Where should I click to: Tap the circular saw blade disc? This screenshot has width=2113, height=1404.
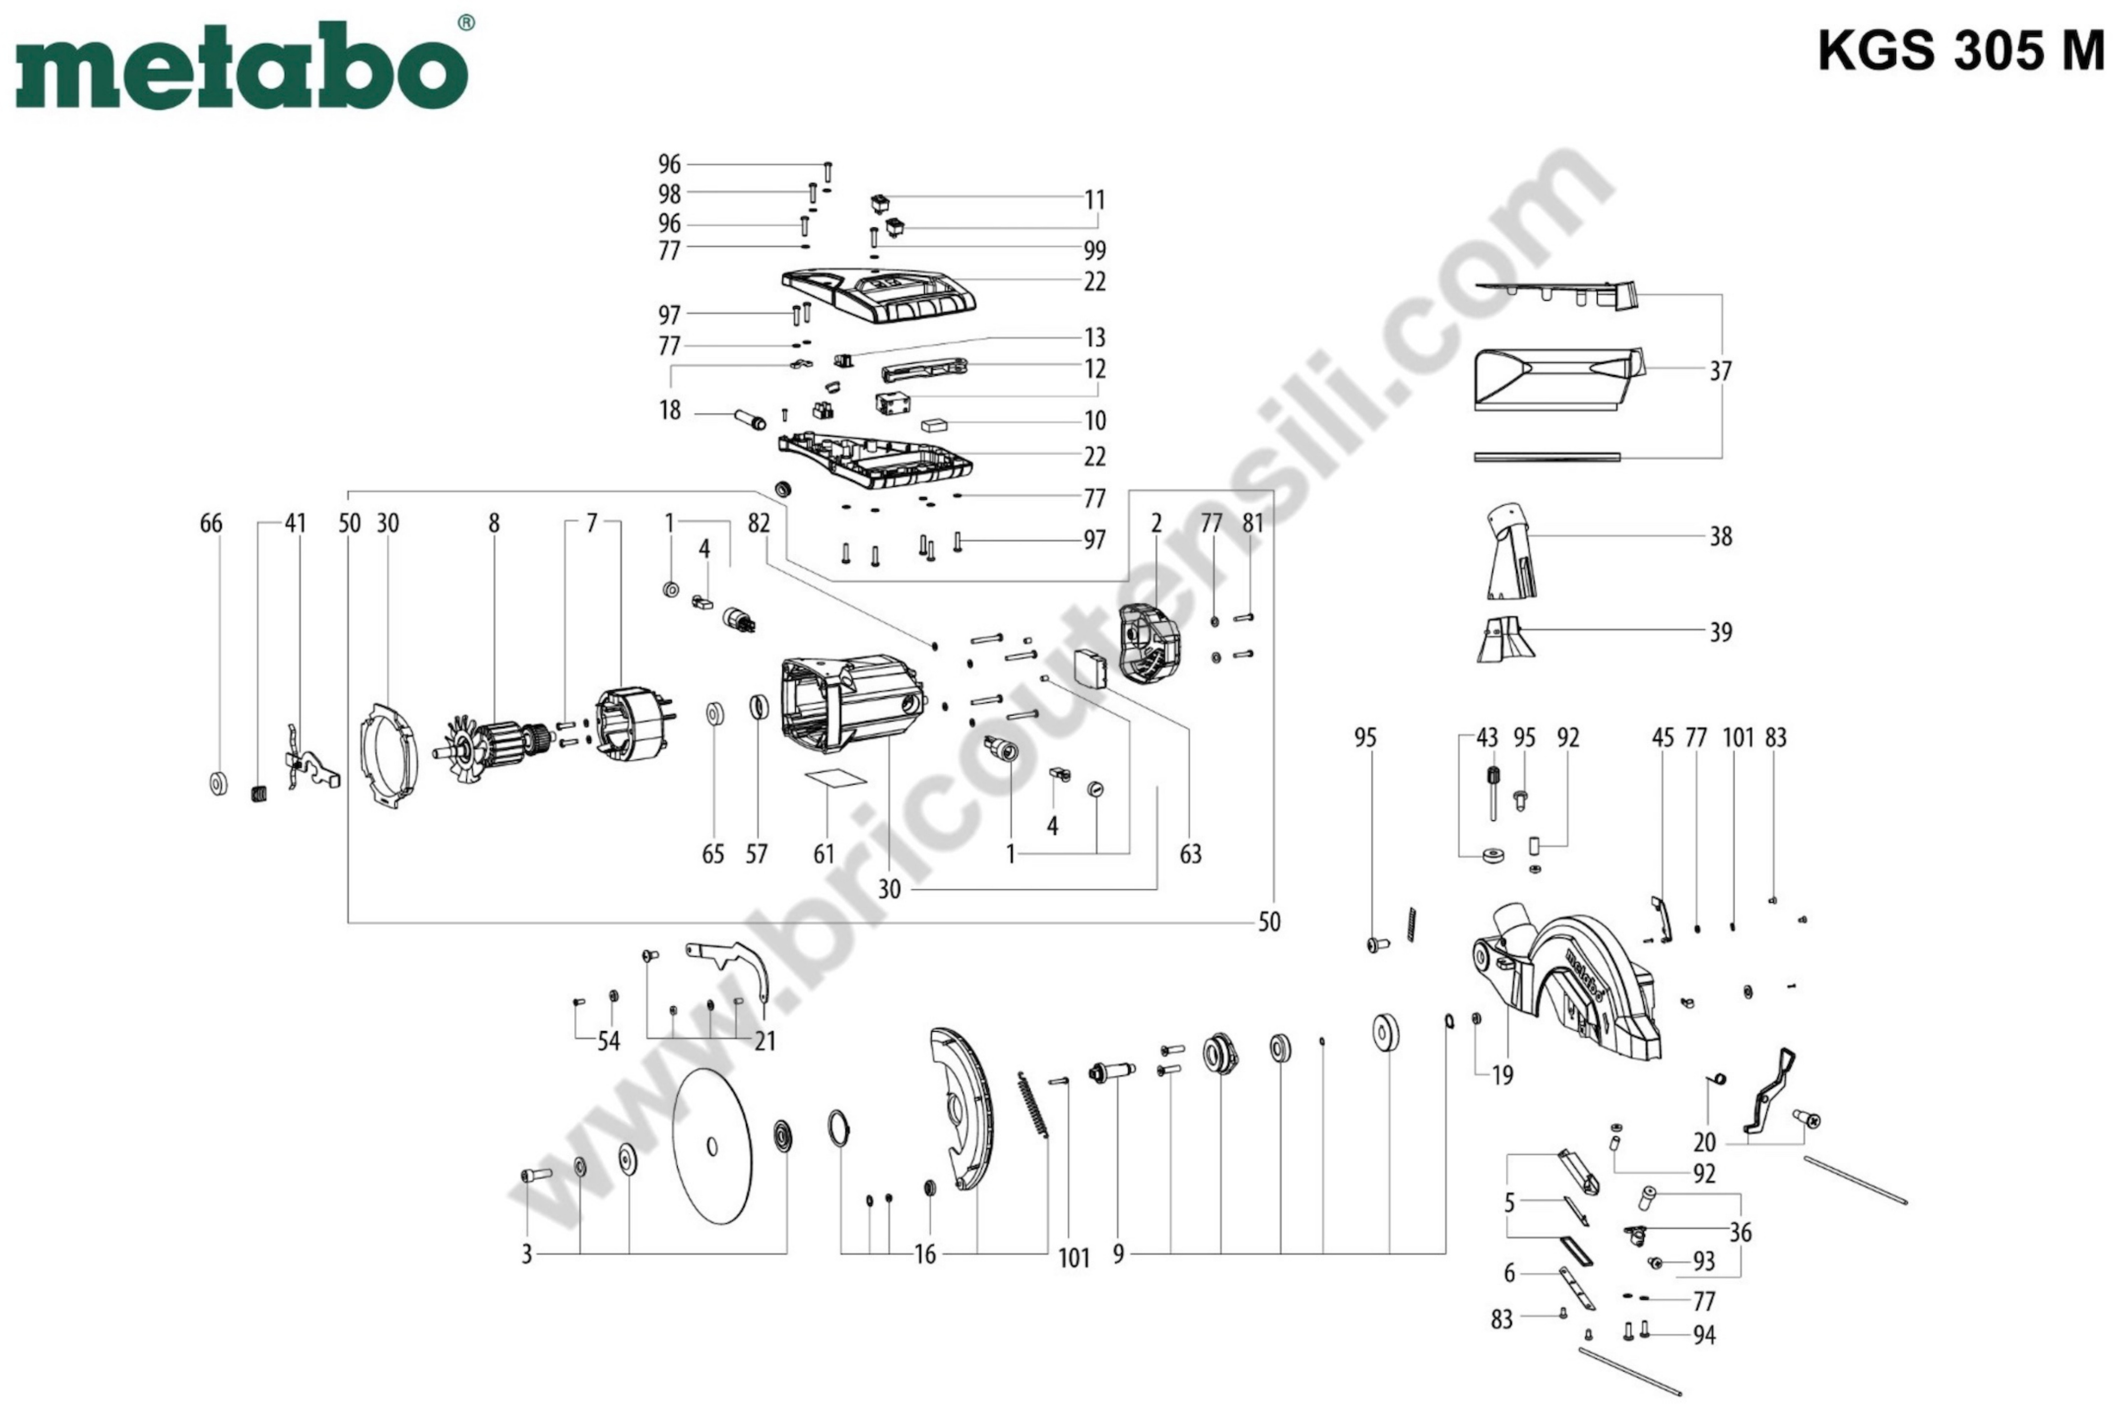[712, 1146]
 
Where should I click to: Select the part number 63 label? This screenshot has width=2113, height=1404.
[1190, 854]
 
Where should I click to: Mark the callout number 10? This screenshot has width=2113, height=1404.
[1095, 421]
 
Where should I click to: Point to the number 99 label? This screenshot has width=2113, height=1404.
[1095, 251]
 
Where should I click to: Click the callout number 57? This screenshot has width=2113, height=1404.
[756, 854]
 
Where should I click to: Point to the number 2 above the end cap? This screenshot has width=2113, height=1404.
[1156, 524]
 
